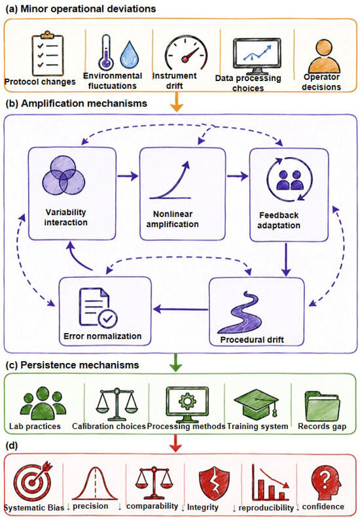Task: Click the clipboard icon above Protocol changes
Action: point(47,54)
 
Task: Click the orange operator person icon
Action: point(324,56)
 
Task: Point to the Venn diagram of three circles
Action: point(63,179)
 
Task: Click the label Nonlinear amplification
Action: point(173,219)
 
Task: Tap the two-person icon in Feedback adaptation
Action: point(290,179)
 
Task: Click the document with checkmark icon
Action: point(98,307)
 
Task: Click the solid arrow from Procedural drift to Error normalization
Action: point(181,309)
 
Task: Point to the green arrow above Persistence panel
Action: point(175,363)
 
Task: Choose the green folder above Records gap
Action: point(322,406)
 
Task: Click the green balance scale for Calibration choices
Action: point(117,404)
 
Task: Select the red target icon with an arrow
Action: point(33,481)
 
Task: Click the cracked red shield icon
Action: point(214,483)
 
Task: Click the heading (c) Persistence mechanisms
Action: point(73,365)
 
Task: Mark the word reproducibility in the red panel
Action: point(266,508)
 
